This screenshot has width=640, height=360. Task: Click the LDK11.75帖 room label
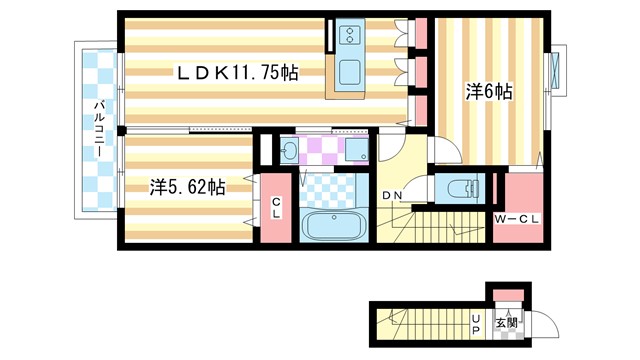click(238, 72)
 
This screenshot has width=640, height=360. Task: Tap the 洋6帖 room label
click(489, 92)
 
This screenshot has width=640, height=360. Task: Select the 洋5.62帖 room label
click(187, 186)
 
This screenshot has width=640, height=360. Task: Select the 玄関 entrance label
click(509, 322)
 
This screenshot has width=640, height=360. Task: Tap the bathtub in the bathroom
click(333, 226)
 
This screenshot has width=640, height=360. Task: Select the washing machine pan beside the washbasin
click(356, 151)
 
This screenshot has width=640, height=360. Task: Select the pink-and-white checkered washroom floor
click(322, 150)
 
